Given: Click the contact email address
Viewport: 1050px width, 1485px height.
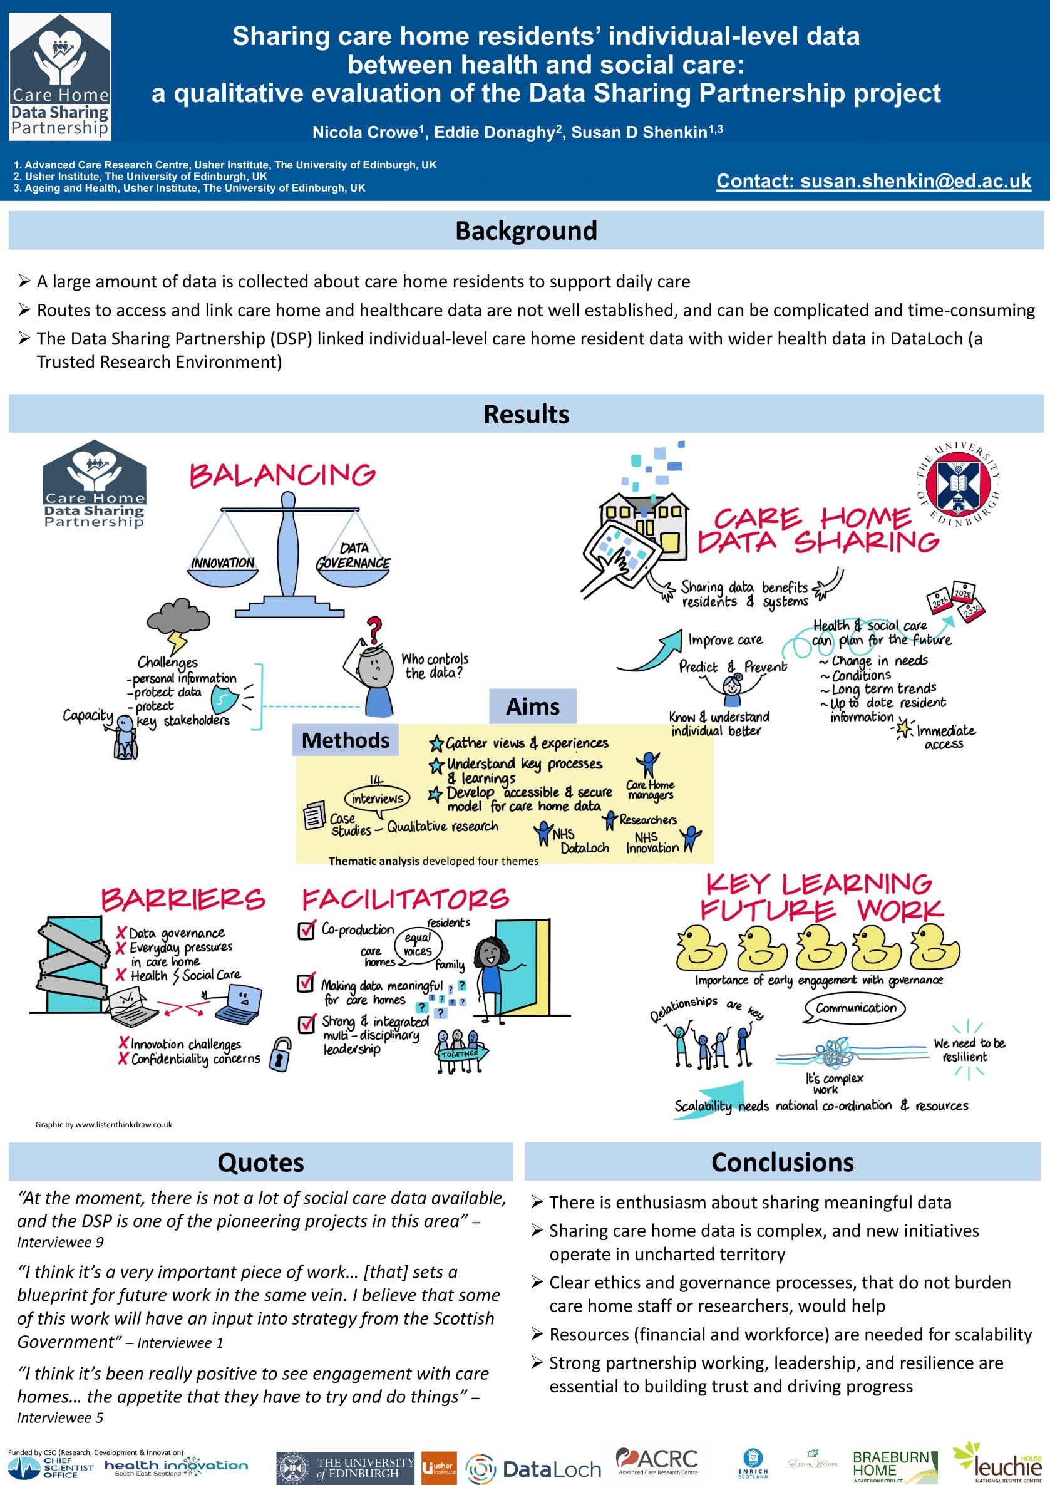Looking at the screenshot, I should click(x=873, y=181).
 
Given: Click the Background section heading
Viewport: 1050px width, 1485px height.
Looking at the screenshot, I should click(x=526, y=231).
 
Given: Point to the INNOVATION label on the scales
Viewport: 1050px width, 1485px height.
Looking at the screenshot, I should click(x=223, y=562).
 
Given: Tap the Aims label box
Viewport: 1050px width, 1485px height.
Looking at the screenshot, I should click(x=532, y=706).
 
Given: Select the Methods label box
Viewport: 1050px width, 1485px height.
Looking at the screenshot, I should click(x=345, y=740).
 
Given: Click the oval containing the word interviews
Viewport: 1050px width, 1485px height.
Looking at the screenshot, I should click(x=378, y=798).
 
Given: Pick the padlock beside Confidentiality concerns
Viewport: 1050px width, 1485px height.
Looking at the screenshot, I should click(x=280, y=1054).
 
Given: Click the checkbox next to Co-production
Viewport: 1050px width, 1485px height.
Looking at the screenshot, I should click(x=306, y=930).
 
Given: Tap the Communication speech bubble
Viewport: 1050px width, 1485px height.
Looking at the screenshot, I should click(x=855, y=1008).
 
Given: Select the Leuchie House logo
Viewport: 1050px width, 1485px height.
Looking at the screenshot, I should click(x=998, y=1463).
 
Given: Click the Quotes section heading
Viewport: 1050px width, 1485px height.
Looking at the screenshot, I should click(x=260, y=1162).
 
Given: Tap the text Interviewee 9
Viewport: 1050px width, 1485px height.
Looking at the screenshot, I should click(x=60, y=1242).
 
